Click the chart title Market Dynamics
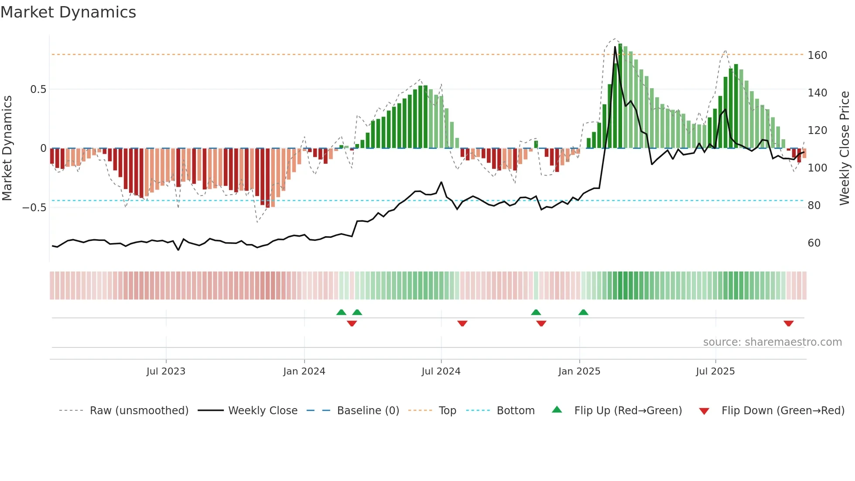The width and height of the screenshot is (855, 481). pos(68,12)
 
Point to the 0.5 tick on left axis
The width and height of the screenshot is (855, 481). pos(38,89)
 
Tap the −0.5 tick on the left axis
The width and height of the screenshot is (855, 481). pos(34,207)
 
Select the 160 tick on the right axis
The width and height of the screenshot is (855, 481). pos(817,55)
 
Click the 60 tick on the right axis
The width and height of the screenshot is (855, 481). pos(814,243)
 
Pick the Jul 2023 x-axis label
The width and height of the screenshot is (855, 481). pos(166,371)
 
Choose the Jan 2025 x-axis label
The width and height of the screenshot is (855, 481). pos(579,371)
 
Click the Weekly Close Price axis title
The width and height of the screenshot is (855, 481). pos(845,148)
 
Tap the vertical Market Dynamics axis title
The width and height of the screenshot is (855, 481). pos(7,148)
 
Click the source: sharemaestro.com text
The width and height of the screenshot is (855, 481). pos(772,342)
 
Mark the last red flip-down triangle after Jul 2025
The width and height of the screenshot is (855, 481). pos(788,323)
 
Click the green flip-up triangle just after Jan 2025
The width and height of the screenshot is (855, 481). pos(583,312)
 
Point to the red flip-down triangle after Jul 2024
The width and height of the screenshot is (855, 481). pos(462,323)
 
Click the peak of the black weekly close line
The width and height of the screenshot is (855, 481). pos(615,47)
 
